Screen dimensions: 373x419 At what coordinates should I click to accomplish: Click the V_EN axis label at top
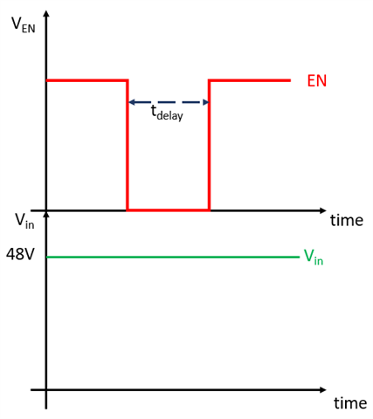[x=24, y=25]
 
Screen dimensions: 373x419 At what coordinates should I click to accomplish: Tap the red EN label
[x=317, y=81]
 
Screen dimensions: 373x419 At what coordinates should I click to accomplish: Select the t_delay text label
[x=167, y=113]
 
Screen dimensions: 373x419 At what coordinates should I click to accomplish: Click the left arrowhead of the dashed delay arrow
[x=132, y=102]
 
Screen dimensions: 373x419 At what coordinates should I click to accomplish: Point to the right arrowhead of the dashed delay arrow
[x=206, y=102]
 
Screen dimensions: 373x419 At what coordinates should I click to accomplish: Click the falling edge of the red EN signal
[x=128, y=145]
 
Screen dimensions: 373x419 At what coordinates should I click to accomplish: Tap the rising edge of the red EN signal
[x=209, y=145]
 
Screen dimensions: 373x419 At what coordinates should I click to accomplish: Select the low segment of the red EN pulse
[x=169, y=209]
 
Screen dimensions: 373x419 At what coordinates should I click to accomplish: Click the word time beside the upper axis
[x=347, y=220]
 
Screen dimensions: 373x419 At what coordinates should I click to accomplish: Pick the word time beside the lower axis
[x=350, y=403]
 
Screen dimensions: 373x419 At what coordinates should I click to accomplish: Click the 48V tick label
[x=20, y=254]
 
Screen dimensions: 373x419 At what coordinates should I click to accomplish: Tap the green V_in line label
[x=314, y=257]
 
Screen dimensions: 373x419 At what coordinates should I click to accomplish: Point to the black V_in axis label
[x=24, y=221]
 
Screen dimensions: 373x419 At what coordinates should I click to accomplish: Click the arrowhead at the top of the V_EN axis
[x=46, y=14]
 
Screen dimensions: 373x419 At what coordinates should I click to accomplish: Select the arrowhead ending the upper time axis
[x=322, y=210]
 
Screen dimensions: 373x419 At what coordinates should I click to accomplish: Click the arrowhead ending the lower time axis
[x=322, y=390]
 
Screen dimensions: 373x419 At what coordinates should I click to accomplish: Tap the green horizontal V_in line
[x=173, y=257]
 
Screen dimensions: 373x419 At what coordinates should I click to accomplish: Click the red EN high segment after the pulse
[x=250, y=80]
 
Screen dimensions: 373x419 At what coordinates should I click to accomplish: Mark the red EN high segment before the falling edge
[x=87, y=80]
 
